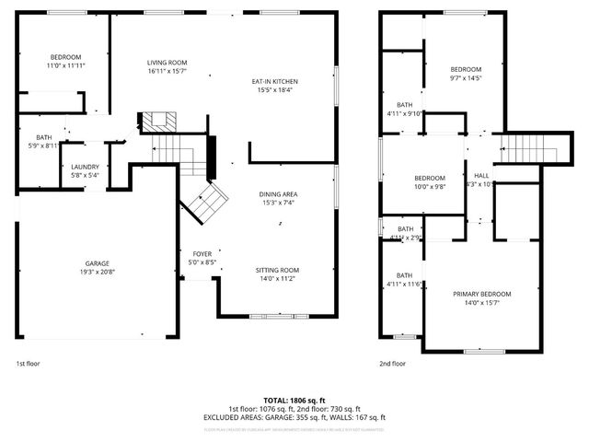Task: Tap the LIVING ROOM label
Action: (167, 62)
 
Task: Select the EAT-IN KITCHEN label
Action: (275, 81)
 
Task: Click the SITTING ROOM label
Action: (276, 269)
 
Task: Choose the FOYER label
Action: (202, 253)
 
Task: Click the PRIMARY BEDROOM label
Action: (481, 294)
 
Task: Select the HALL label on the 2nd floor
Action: (481, 175)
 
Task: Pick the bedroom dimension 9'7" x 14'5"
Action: (466, 78)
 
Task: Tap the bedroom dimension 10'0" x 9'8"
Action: (429, 186)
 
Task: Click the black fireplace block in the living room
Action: (157, 122)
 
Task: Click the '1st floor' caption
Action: (28, 363)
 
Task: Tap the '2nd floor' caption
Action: (392, 363)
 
